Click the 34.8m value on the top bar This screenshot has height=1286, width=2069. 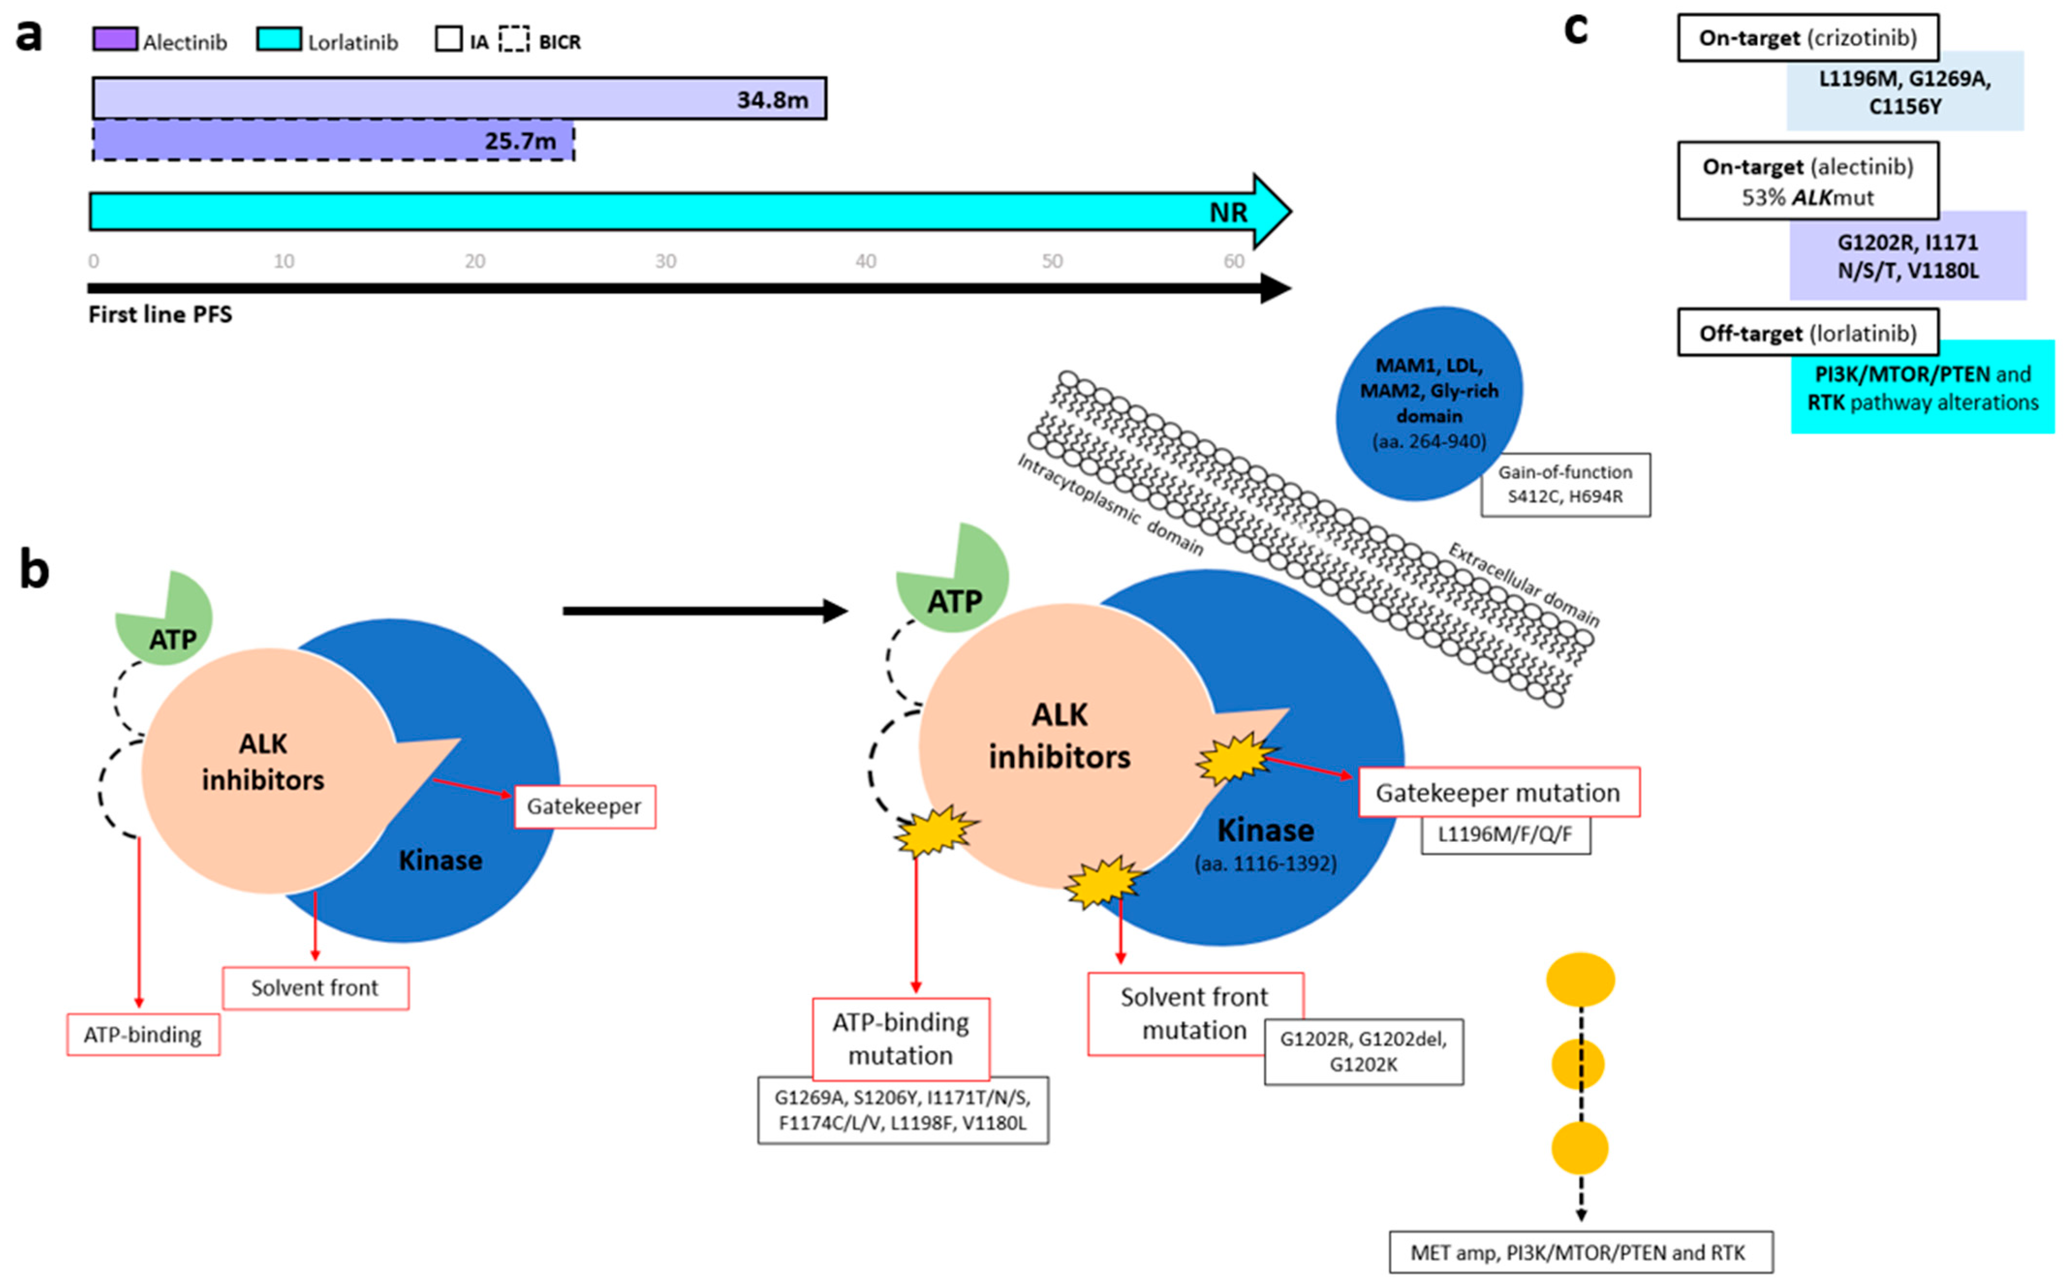772,99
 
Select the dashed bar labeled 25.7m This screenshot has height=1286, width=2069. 333,140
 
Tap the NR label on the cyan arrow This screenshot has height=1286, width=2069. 1227,213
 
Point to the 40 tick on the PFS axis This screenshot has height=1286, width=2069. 865,261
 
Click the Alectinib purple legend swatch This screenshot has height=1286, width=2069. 115,40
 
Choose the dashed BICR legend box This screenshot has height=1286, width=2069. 514,40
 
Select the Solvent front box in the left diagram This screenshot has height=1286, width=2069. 315,988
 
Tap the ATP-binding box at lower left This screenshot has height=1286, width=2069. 143,1035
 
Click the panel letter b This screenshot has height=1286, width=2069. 34,569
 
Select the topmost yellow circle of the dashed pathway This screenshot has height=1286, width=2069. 1580,980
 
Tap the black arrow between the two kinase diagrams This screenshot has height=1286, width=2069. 704,611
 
